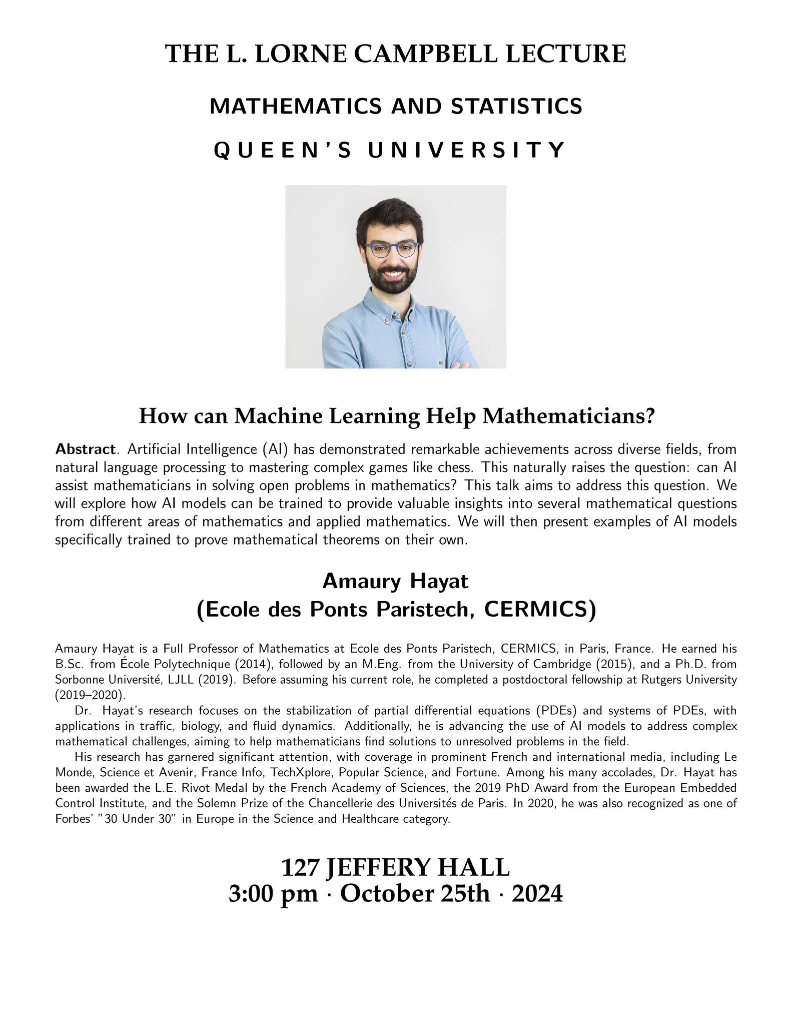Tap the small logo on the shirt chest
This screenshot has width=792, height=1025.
(x=440, y=362)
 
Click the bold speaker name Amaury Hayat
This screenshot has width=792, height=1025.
(x=395, y=581)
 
